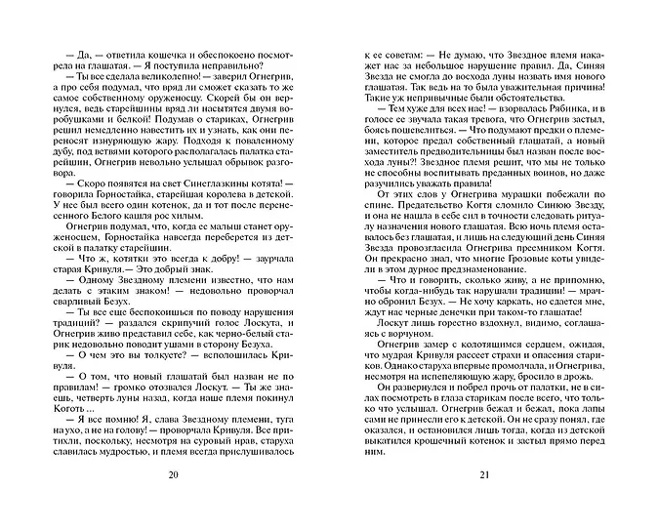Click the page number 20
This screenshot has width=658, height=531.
pos(174,502)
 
